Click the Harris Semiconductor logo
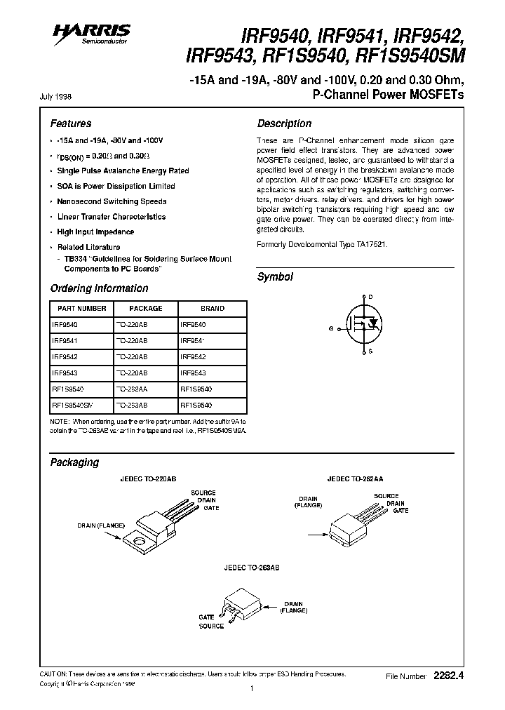coord(91,32)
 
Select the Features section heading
coord(71,123)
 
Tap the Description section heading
coord(284,123)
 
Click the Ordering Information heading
coord(99,288)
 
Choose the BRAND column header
coord(213,308)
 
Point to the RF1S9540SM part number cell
coord(72,404)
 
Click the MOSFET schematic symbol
coord(363,324)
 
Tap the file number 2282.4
coord(449,676)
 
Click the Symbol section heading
coord(275,277)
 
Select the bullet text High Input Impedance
coord(95,232)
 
